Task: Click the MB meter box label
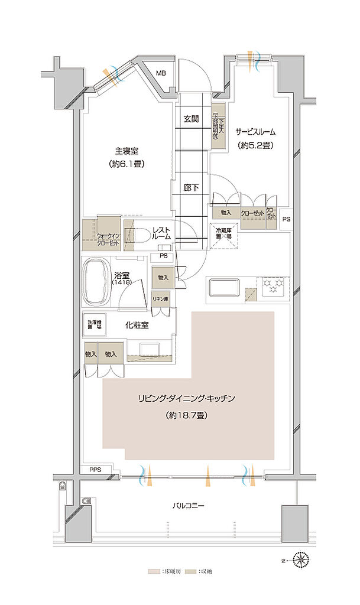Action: click(161, 73)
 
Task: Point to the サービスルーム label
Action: click(256, 132)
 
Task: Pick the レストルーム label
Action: click(161, 233)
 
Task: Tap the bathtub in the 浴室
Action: click(96, 281)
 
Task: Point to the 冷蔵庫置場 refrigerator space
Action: click(225, 233)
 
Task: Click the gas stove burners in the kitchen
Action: click(274, 285)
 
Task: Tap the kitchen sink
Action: click(224, 288)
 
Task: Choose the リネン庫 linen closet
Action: click(160, 299)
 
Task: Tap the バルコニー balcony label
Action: click(188, 506)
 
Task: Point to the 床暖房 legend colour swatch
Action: click(153, 572)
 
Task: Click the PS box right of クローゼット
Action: click(286, 219)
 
